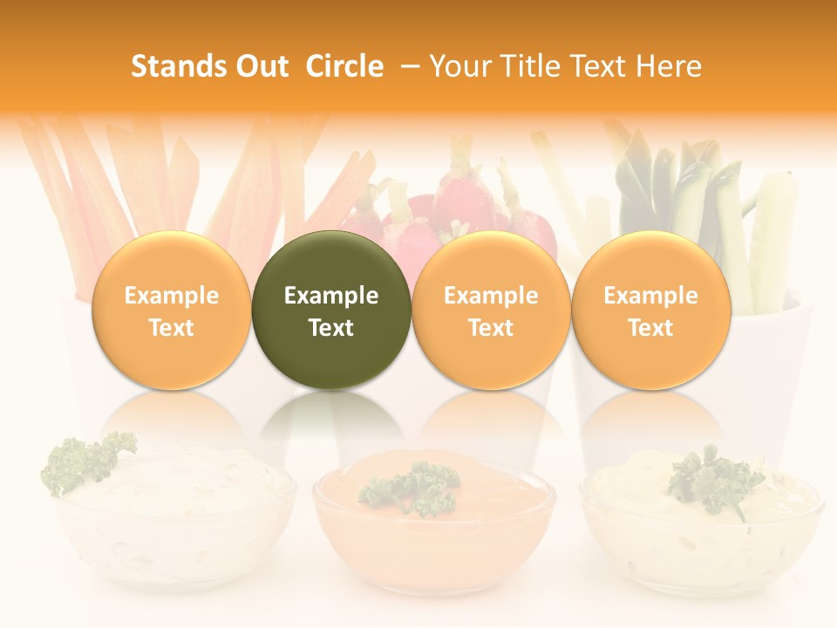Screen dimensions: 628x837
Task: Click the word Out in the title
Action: click(x=260, y=66)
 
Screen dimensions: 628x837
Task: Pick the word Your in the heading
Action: click(x=459, y=66)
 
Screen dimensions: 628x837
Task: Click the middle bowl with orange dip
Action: click(x=433, y=532)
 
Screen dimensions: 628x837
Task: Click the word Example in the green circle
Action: click(x=331, y=296)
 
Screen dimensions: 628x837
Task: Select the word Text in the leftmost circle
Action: click(x=171, y=328)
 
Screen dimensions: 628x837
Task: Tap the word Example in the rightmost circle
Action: click(x=650, y=296)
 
